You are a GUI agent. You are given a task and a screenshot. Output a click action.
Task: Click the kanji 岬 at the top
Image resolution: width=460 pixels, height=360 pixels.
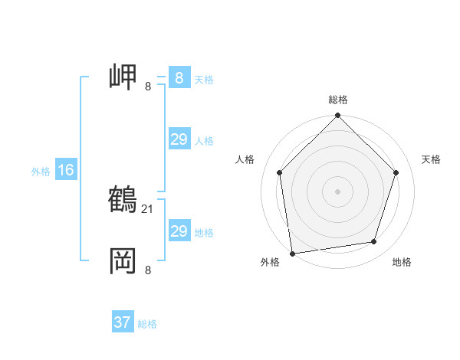click(123, 77)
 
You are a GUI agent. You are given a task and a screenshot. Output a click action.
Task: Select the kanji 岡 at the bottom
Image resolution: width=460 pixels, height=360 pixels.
click(123, 260)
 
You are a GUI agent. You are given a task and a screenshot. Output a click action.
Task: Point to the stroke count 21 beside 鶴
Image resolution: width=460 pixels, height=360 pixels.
click(149, 208)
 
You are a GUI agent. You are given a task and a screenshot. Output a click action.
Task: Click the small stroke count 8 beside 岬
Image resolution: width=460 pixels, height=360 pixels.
click(148, 87)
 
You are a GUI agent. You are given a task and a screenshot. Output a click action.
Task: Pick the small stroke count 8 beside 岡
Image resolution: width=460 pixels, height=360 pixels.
click(148, 270)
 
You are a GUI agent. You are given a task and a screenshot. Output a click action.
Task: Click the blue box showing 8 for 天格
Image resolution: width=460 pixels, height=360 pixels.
click(179, 78)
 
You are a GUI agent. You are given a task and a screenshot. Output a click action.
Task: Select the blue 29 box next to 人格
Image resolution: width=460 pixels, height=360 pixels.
click(179, 139)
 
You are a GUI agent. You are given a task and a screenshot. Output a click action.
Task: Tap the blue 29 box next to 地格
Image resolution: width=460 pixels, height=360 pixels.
click(179, 231)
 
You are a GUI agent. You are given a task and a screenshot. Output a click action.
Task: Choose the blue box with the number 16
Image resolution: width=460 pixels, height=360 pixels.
click(66, 170)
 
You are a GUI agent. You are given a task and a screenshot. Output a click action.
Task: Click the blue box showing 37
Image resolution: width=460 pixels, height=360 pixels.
click(123, 322)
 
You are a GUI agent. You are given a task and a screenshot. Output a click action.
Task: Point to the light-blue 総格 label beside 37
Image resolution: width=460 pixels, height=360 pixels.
click(147, 324)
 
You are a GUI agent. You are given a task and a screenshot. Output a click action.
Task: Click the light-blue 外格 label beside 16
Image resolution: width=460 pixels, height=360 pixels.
click(41, 172)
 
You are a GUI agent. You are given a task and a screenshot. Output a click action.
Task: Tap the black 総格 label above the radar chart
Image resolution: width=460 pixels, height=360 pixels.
click(338, 100)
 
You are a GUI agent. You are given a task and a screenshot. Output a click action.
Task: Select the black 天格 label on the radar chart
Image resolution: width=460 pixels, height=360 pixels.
click(431, 159)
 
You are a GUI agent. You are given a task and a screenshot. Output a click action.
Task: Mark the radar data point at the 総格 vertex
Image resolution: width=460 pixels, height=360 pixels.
click(338, 116)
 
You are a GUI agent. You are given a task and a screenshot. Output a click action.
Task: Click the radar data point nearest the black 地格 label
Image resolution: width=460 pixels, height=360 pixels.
click(374, 242)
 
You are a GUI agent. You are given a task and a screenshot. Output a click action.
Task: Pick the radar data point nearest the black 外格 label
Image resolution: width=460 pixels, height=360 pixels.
click(292, 253)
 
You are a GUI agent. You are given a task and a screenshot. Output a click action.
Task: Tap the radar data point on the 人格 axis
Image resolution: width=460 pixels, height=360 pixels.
click(279, 172)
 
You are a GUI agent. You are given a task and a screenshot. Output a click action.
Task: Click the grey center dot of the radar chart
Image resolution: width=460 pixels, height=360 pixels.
click(338, 191)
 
